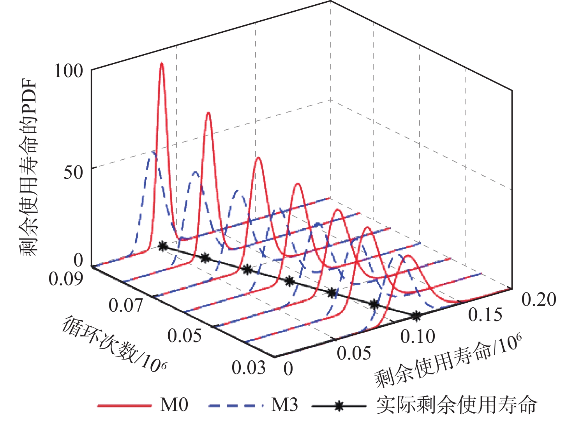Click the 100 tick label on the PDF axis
(69, 71)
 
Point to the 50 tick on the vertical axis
(74, 172)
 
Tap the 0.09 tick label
(66, 279)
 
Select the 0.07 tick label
(125, 305)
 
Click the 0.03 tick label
(249, 367)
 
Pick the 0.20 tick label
(539, 299)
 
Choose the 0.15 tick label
(485, 315)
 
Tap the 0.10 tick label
(418, 336)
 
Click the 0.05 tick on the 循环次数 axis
(185, 335)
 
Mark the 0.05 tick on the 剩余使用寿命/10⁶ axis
(354, 353)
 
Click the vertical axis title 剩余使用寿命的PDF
(29, 168)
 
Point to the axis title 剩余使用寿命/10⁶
(448, 360)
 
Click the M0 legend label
(174, 405)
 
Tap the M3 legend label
(284, 405)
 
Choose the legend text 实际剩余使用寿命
(457, 405)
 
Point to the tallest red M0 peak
(162, 64)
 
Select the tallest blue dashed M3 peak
(153, 152)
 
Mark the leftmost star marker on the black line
(163, 246)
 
